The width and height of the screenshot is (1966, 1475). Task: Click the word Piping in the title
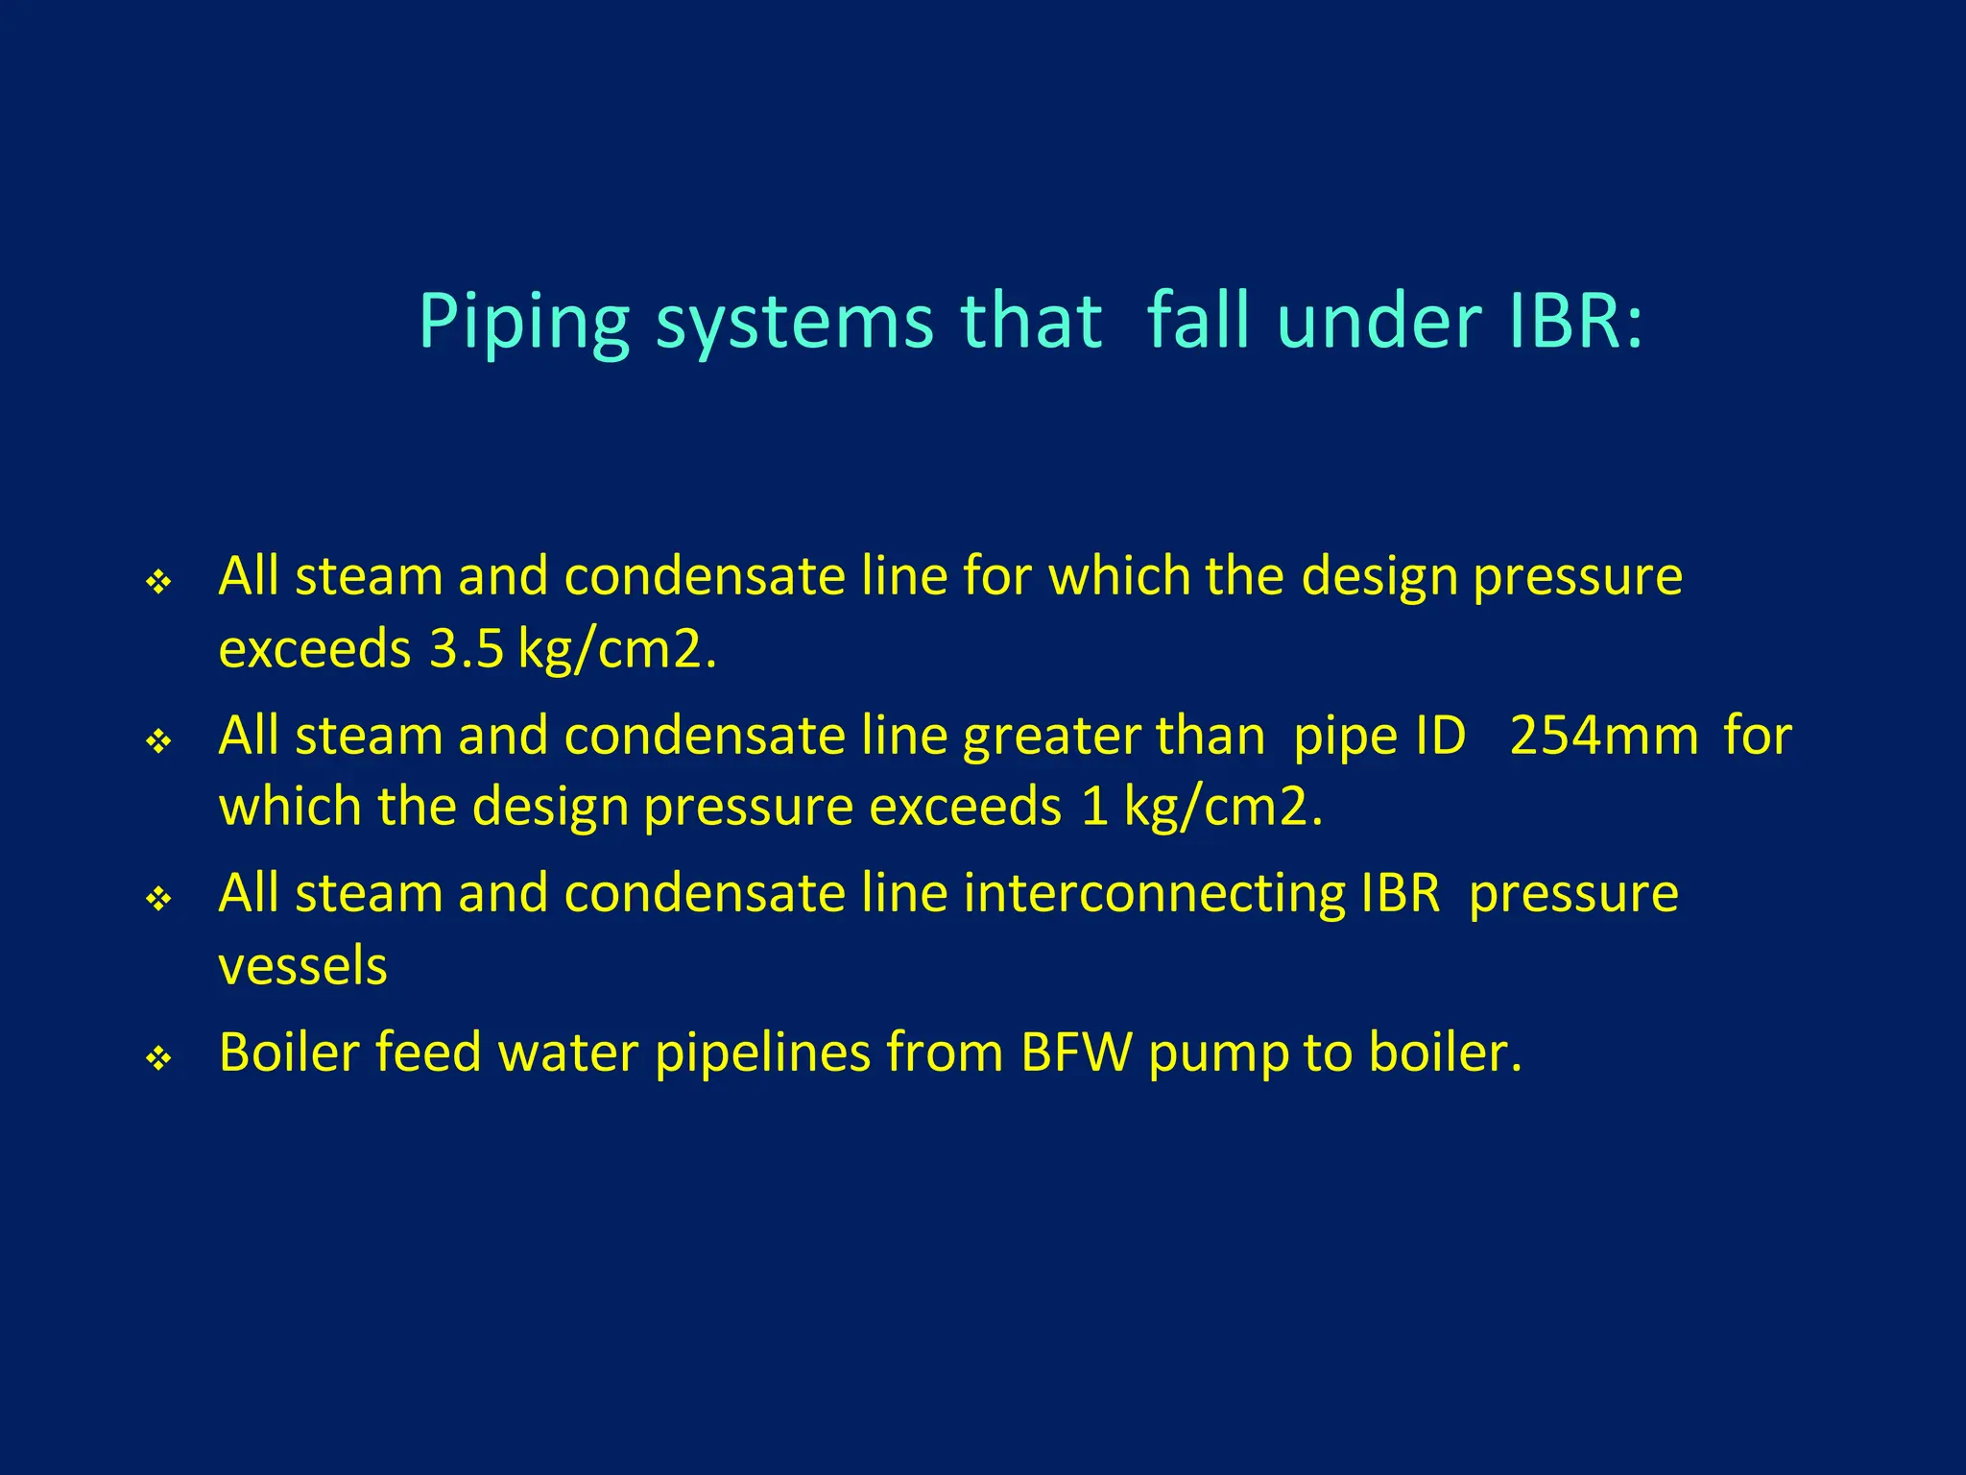point(523,322)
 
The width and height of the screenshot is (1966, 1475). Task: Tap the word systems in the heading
point(794,322)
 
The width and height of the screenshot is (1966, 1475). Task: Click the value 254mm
point(1604,737)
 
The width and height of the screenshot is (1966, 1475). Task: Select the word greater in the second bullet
point(1051,738)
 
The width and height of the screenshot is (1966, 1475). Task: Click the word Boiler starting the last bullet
point(288,1052)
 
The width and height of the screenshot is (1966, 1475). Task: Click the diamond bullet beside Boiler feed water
point(158,1058)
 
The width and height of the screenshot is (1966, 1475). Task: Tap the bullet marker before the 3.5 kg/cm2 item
point(158,582)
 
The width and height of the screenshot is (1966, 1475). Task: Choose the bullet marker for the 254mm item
point(158,741)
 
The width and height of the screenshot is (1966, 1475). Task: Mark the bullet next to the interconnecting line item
point(158,900)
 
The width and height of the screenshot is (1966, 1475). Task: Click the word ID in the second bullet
point(1441,737)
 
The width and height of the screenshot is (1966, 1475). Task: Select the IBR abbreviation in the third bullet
point(1401,894)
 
